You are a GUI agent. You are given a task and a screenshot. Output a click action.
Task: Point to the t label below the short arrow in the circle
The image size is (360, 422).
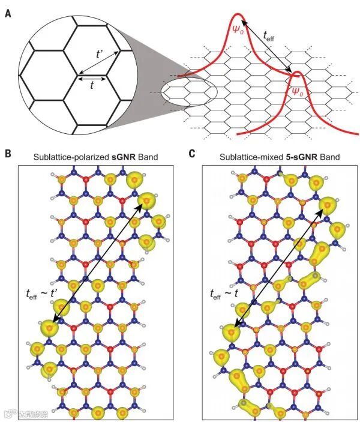(x=91, y=86)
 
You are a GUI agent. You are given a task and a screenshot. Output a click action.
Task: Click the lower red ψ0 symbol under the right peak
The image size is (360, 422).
(x=296, y=91)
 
